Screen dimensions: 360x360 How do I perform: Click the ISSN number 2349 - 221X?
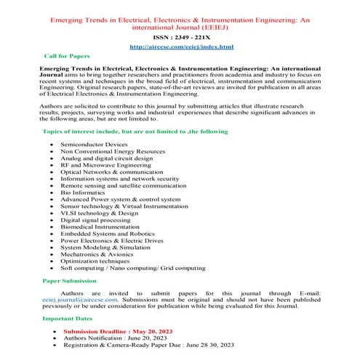180,34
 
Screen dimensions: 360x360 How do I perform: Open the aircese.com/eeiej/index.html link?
181,47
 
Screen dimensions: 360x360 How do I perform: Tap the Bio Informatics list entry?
82,192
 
